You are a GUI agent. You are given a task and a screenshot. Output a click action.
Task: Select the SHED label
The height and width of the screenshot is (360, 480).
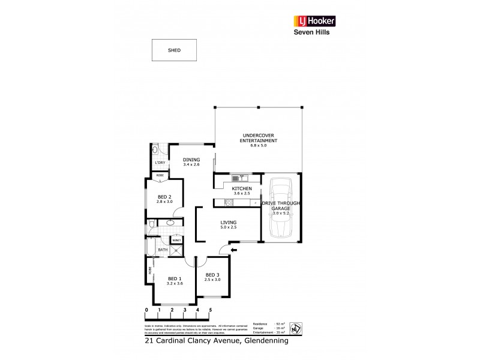point(174,50)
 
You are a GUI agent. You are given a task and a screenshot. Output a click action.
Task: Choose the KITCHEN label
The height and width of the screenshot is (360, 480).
point(242,190)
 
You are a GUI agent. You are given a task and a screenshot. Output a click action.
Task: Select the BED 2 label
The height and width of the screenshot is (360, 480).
point(165,197)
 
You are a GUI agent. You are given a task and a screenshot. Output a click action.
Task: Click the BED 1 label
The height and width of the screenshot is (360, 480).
point(174,279)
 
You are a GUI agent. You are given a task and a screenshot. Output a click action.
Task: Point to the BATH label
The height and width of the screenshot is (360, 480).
point(163,250)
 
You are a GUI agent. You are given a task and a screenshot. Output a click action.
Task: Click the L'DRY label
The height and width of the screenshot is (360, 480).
point(160,163)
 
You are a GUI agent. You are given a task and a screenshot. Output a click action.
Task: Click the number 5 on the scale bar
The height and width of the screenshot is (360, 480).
point(211,310)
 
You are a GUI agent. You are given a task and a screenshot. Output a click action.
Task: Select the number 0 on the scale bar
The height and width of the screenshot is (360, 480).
point(146,310)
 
